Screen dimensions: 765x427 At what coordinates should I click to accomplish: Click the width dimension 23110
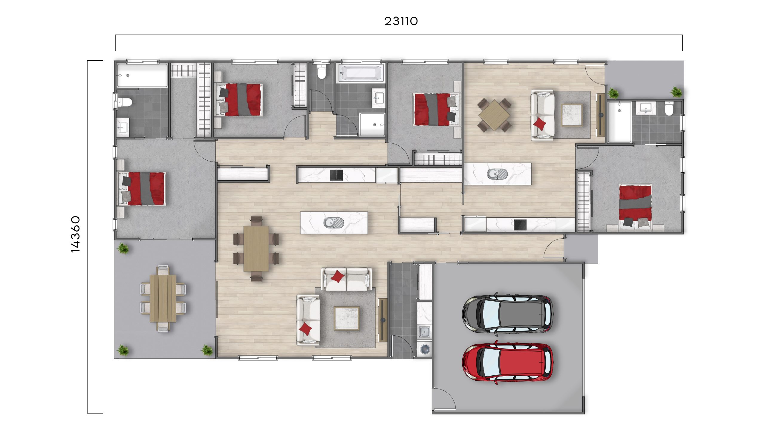[401, 21]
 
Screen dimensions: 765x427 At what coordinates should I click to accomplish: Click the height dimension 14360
[76, 234]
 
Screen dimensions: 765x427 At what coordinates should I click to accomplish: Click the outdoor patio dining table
[163, 298]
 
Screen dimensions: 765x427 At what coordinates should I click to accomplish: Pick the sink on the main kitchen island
[334, 222]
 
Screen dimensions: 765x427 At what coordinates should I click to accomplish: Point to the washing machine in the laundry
[425, 348]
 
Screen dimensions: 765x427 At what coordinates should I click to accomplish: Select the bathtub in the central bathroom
[361, 73]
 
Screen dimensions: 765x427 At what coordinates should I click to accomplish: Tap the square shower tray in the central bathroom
[372, 124]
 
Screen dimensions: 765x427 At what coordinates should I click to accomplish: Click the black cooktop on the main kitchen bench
[336, 175]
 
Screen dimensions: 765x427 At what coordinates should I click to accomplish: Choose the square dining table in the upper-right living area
[495, 115]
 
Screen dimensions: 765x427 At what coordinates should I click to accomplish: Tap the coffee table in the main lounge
[347, 318]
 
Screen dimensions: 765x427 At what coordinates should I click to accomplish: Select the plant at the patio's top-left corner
[123, 248]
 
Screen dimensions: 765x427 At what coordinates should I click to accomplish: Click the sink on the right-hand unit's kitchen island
[497, 173]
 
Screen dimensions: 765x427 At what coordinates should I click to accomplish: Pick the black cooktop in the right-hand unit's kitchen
[520, 225]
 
